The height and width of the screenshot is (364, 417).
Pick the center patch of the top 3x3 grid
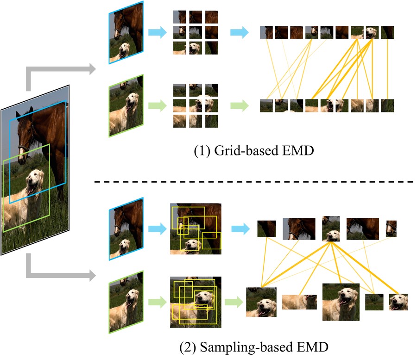[196, 32]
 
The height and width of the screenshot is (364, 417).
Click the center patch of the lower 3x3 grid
[196, 105]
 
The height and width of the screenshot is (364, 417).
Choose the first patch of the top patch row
[266, 32]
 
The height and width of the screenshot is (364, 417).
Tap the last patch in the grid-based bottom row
[387, 105]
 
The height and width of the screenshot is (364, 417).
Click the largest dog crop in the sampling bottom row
[341, 302]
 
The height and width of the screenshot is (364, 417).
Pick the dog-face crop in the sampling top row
[331, 229]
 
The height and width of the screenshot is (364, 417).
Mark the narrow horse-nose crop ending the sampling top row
[391, 229]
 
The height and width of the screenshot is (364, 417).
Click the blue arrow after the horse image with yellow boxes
[240, 229]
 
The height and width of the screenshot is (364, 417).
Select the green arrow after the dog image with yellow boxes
[234, 302]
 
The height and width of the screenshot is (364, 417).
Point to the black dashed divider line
[254, 182]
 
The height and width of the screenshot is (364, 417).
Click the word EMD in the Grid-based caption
[298, 151]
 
